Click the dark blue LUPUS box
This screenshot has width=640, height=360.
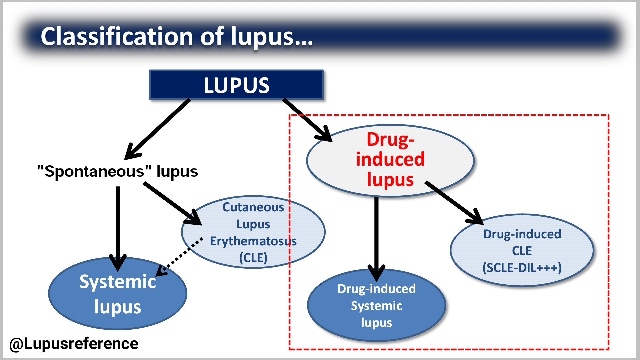click(236, 85)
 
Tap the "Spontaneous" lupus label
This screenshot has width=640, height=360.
click(117, 171)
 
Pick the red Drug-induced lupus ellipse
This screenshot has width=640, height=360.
click(390, 160)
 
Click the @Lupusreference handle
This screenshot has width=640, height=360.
click(74, 344)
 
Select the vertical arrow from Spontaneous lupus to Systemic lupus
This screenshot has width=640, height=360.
click(118, 227)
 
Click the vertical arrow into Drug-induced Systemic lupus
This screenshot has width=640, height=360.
click(376, 237)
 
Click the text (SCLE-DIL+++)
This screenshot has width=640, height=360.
click(522, 268)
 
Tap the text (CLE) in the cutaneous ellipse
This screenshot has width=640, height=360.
click(253, 258)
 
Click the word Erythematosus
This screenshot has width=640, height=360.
click(253, 241)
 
